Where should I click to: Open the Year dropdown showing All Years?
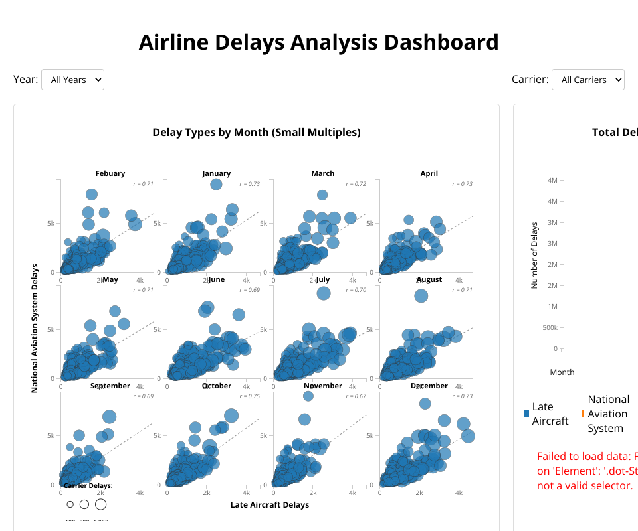[x=72, y=80]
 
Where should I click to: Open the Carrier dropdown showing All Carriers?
[x=587, y=80]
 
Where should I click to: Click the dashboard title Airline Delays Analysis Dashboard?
[x=318, y=42]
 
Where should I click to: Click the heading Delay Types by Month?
[x=257, y=132]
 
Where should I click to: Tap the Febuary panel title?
[x=110, y=173]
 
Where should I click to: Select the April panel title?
[x=429, y=173]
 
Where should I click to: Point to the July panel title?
[x=323, y=279]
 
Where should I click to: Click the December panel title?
[x=429, y=386]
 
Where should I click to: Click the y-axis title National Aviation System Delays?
[x=35, y=329]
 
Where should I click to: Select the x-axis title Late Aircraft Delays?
[x=270, y=505]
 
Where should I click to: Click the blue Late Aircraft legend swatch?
[x=526, y=414]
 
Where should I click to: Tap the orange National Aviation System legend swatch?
[x=583, y=414]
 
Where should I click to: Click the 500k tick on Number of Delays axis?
[x=548, y=328]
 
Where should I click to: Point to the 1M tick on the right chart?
[x=551, y=307]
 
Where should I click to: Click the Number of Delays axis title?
[x=534, y=256]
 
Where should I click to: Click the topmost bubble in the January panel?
[x=215, y=185]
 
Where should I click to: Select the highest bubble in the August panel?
[x=421, y=295]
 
